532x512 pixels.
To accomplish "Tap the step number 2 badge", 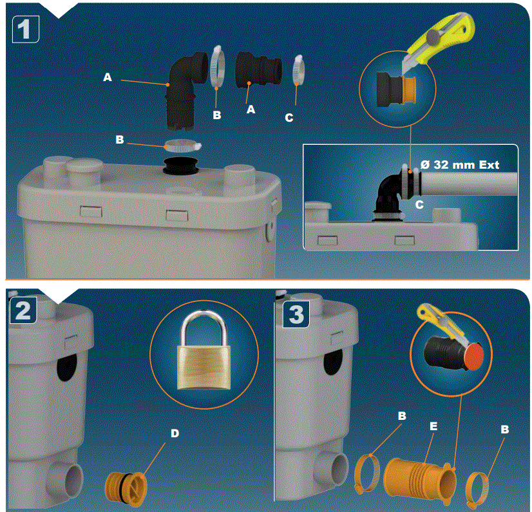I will click(23, 311).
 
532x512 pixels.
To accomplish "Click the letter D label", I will click(174, 433).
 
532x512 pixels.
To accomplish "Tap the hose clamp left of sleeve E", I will click(370, 473).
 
